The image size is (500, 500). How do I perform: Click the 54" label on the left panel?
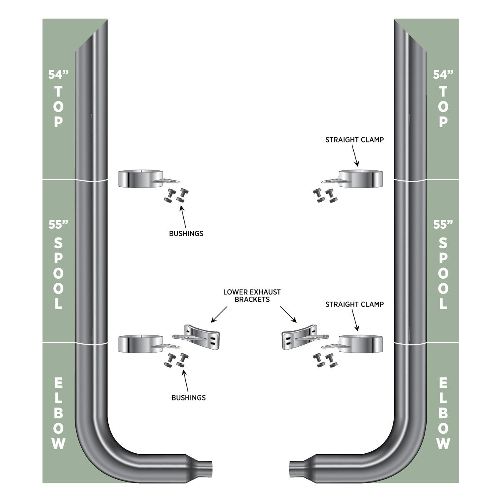pos(58,75)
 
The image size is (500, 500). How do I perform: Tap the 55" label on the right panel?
pos(443,225)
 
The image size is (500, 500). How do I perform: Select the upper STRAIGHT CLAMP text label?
pos(355,140)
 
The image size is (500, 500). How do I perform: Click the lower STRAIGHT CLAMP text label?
pos(355,304)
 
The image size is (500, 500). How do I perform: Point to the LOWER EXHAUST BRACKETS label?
pos(252,295)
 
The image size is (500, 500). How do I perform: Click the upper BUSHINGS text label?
pos(186,233)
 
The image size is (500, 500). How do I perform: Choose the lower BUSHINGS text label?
pos(189,398)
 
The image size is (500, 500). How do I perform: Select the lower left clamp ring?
pos(140,344)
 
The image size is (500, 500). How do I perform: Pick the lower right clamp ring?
pos(361,344)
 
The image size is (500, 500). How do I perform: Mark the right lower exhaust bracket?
pos(305,337)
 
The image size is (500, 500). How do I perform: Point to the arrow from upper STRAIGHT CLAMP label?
pos(355,155)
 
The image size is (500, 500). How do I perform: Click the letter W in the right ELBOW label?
pos(443,443)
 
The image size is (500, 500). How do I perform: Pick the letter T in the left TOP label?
pos(58,92)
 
